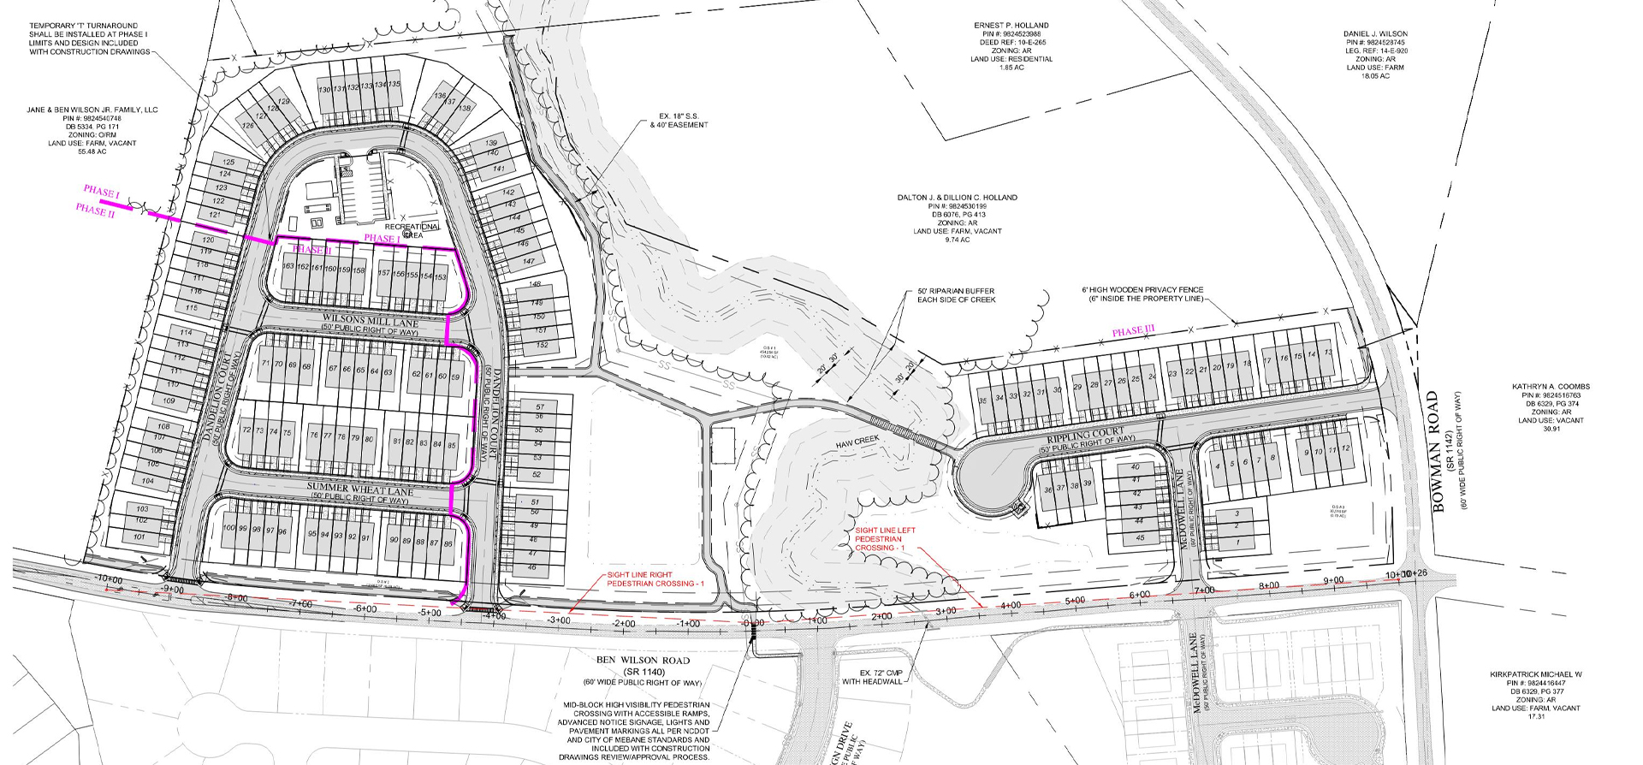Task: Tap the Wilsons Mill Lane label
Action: click(371, 323)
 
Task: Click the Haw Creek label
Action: click(857, 441)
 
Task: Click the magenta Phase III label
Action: click(1133, 331)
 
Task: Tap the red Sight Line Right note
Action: click(652, 579)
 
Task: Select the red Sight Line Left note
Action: click(885, 538)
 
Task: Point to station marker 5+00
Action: click(1075, 601)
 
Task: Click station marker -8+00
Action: click(237, 598)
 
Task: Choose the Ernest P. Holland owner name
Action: click(1011, 26)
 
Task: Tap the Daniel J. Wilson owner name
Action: click(1375, 34)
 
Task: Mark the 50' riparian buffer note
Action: click(956, 295)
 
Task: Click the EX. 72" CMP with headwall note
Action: click(872, 677)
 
